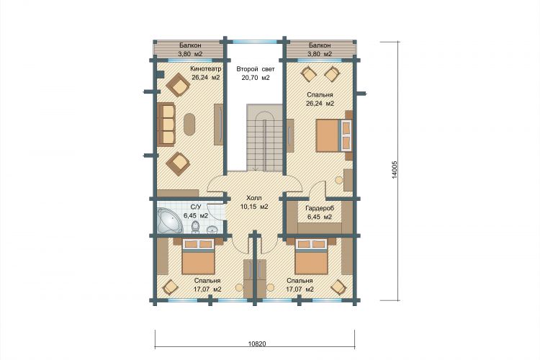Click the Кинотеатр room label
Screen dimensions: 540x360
tap(206, 69)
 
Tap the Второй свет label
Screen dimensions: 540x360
tap(255, 69)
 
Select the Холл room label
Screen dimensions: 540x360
tap(254, 198)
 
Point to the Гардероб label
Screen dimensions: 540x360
tap(320, 208)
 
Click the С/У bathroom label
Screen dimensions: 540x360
tap(196, 207)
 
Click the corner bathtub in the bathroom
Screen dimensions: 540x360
tap(168, 220)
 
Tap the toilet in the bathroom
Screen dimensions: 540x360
tap(196, 228)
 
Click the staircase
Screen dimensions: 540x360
tap(264, 138)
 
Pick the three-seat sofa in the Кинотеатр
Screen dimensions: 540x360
tap(166, 124)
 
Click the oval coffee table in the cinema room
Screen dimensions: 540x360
tap(189, 125)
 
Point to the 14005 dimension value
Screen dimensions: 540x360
tap(395, 170)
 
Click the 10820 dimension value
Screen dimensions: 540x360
tap(257, 344)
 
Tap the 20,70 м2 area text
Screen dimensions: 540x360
tap(255, 78)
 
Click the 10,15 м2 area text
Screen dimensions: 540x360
tap(254, 207)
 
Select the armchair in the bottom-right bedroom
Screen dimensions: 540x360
tap(339, 287)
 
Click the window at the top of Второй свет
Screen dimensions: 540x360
tap(254, 42)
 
